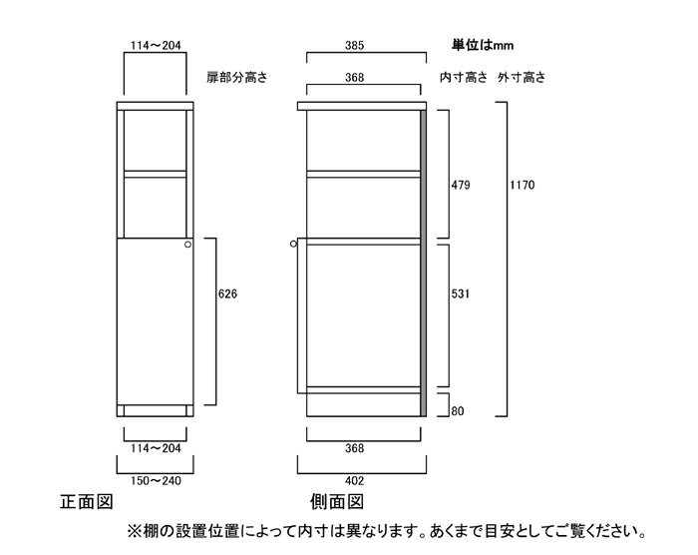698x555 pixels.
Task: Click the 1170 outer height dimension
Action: coord(522,185)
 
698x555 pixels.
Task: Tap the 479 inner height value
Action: coord(461,185)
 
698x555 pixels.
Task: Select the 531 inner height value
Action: coord(461,293)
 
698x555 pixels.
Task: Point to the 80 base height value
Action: coord(457,411)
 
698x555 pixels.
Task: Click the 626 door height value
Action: coord(227,293)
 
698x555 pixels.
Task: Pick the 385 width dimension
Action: coord(354,46)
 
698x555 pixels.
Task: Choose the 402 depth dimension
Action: coord(354,481)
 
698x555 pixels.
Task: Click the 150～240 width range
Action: coord(156,481)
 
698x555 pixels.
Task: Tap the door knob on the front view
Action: coord(187,245)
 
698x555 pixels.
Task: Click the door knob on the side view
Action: coord(293,244)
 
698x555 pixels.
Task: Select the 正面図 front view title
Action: coord(87,502)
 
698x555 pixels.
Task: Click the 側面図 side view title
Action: coord(337,502)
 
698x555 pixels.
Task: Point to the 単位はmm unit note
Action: coord(483,46)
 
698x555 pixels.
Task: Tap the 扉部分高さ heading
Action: coord(237,78)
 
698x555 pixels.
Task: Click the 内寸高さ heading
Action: coord(464,78)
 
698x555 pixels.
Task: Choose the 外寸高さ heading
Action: coord(522,78)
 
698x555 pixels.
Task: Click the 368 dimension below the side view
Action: coord(354,448)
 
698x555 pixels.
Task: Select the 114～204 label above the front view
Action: coord(156,46)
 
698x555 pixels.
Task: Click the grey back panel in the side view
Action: coord(424,263)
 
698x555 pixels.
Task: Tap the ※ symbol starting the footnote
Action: coord(134,531)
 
